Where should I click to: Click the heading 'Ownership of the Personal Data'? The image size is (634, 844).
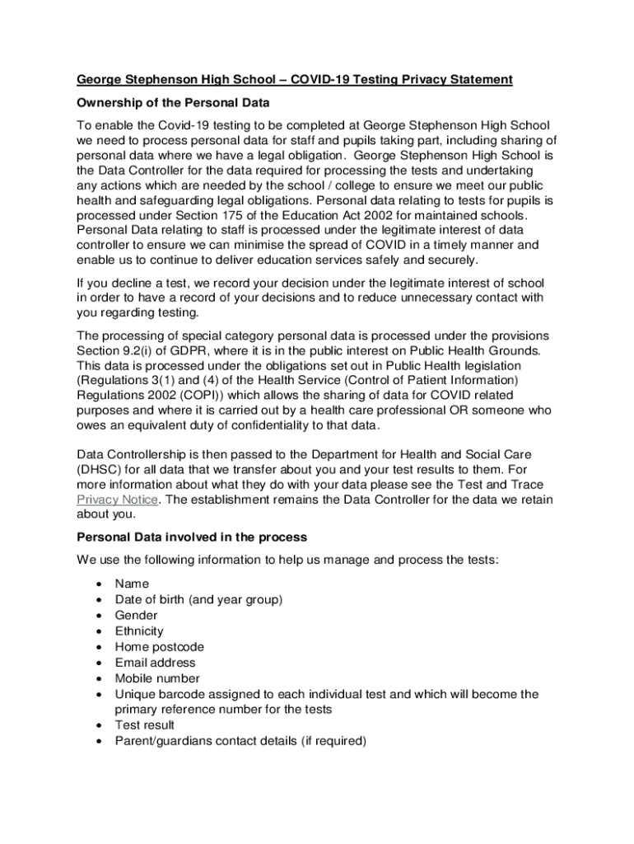coord(173,103)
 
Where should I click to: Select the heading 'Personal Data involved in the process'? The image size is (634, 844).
coord(192,537)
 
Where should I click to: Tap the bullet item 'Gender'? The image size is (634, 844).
coord(136,616)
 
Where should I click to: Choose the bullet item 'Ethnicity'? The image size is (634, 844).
coord(139,631)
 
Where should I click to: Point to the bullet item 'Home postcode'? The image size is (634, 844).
coord(159,647)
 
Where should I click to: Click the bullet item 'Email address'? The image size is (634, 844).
coord(155,663)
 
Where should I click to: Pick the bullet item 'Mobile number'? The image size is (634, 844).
coord(156,678)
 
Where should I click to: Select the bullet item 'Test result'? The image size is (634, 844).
coord(144,725)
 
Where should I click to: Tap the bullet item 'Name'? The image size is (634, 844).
coord(132,584)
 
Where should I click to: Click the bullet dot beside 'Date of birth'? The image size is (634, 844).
coord(100,600)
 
